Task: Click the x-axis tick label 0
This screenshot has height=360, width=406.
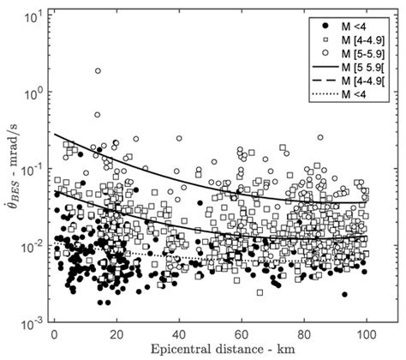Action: (x=55, y=333)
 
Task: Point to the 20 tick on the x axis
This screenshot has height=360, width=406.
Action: (x=117, y=333)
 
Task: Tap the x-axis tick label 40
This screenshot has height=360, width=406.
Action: (x=180, y=333)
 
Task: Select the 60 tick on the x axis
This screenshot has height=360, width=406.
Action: (x=242, y=333)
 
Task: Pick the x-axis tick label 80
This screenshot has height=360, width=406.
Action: (x=305, y=333)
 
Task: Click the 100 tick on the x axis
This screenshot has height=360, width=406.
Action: (x=367, y=333)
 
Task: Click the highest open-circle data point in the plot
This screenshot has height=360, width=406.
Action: (x=98, y=71)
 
